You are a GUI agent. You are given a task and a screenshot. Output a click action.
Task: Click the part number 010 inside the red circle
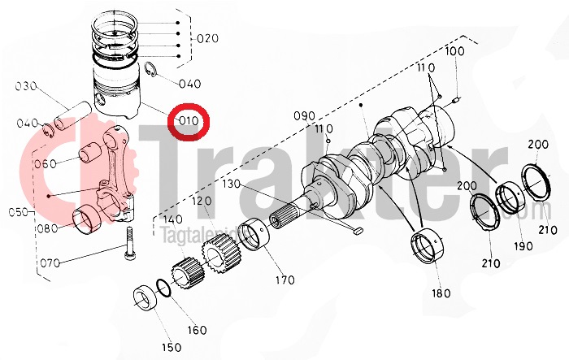click(x=189, y=123)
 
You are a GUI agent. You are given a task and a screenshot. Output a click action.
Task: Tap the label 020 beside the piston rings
click(x=208, y=38)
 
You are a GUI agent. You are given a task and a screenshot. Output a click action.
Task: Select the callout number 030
click(x=27, y=86)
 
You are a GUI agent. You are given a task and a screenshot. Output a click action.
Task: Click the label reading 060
click(x=46, y=163)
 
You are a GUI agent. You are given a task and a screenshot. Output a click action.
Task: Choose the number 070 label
click(x=50, y=264)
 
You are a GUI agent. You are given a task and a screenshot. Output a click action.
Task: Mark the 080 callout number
click(x=46, y=229)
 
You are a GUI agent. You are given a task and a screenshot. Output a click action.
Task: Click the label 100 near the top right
click(x=455, y=52)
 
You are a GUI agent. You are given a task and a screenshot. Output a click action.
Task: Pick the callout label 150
click(x=172, y=348)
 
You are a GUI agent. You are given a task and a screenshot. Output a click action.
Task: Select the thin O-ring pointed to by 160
click(x=163, y=288)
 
